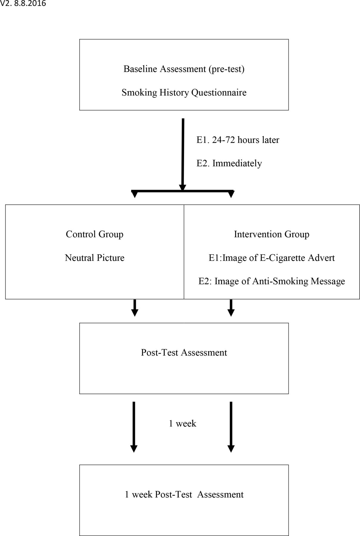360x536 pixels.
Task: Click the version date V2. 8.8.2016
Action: click(x=23, y=4)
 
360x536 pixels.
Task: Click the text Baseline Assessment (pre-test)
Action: click(x=184, y=69)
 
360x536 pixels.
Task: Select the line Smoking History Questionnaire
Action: click(x=184, y=93)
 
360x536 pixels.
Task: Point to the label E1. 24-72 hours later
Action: click(x=238, y=140)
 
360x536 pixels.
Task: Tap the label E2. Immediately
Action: click(x=229, y=163)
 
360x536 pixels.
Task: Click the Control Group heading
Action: click(x=95, y=234)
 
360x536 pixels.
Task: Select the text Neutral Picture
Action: click(x=95, y=258)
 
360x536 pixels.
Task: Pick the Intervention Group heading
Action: click(x=272, y=234)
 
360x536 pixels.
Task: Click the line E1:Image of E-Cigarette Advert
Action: click(x=272, y=258)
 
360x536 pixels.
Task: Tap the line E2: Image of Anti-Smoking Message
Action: click(x=272, y=281)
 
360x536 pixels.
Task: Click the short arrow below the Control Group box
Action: click(x=135, y=308)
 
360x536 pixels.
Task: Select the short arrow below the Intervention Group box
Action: click(x=231, y=308)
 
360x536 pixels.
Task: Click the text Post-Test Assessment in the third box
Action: click(x=184, y=353)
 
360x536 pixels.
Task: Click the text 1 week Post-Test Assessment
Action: click(x=184, y=495)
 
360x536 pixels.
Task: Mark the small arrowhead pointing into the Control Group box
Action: click(x=135, y=194)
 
